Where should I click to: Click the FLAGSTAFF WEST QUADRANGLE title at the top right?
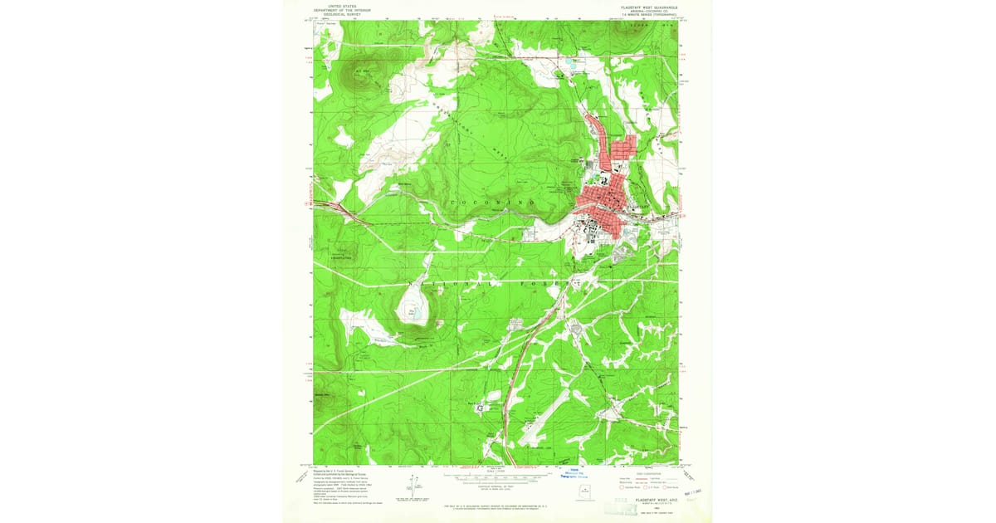(649, 7)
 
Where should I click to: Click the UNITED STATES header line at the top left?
(335, 5)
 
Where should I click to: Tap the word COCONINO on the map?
(490, 203)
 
